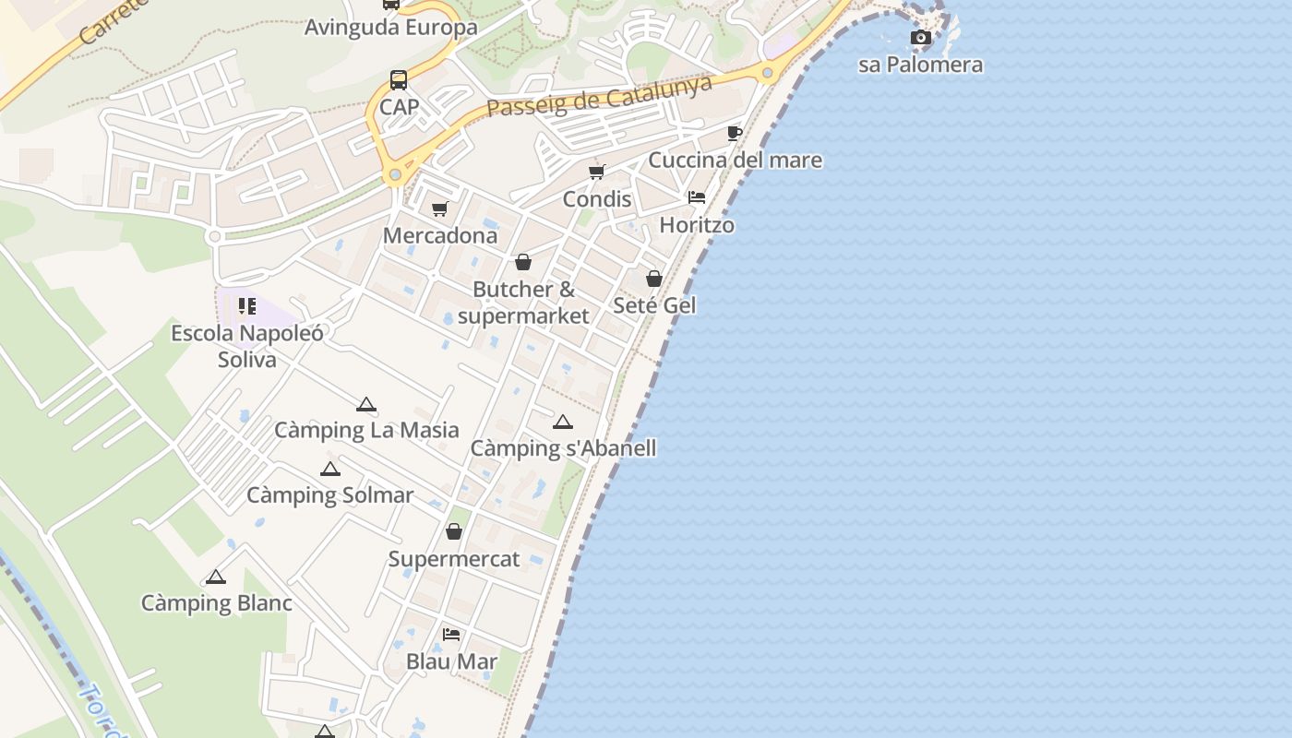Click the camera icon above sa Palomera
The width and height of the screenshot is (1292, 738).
[x=920, y=38]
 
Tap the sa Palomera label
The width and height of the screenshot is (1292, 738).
[x=920, y=65]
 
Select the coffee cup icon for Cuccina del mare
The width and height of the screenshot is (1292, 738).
[x=735, y=134]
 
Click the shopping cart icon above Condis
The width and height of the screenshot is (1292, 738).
[x=597, y=172]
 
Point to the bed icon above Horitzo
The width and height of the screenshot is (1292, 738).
[x=697, y=197]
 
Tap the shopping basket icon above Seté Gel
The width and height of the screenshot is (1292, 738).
[x=654, y=279]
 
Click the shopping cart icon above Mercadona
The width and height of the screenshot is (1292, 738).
[x=440, y=209]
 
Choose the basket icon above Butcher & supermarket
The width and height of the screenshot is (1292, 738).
[x=523, y=263]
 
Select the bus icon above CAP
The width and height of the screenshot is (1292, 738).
[x=399, y=80]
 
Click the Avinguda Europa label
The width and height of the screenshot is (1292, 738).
[x=391, y=27]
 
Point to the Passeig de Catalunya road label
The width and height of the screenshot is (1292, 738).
[x=600, y=96]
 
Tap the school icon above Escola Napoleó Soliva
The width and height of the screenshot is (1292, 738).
[x=246, y=306]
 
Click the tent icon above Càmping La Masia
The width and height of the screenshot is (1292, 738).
[x=366, y=404]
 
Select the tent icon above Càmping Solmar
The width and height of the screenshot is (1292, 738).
[x=330, y=469]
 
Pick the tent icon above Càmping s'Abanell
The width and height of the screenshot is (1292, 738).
[x=563, y=423]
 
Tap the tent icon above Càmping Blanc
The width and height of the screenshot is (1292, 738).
[x=216, y=577]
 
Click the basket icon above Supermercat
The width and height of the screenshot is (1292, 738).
[x=454, y=532]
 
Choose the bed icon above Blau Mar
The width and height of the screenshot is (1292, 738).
[x=451, y=635]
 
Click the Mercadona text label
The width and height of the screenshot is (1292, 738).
[x=440, y=235]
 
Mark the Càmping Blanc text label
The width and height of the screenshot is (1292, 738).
[x=216, y=603]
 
